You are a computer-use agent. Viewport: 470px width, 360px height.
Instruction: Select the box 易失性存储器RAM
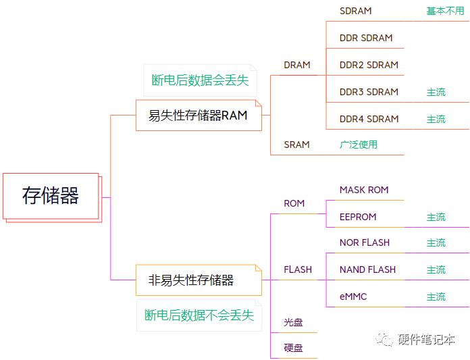(199, 115)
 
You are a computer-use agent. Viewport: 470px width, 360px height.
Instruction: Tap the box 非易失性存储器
(199, 280)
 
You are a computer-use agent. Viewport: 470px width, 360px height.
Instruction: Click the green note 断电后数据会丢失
(200, 80)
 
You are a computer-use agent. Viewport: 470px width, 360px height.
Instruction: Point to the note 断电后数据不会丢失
(199, 315)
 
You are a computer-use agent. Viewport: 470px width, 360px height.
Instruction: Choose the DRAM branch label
(296, 65)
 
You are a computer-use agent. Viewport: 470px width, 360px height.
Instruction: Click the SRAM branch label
(296, 145)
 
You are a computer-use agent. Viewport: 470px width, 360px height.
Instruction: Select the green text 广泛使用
(358, 145)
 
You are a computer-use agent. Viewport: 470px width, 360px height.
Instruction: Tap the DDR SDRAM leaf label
(366, 38)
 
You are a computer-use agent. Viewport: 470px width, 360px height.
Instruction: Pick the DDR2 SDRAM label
(369, 65)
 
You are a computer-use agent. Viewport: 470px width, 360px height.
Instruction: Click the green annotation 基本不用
(445, 11)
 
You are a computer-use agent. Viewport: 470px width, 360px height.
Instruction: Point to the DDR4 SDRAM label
(369, 119)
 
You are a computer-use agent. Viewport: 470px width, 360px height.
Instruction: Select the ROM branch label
(294, 203)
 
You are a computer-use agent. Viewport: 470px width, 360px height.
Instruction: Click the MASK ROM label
(364, 190)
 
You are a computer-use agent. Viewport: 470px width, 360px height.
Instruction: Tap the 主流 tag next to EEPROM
(436, 217)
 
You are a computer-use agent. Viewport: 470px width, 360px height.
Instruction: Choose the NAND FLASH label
(367, 269)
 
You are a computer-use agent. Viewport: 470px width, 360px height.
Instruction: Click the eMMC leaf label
(353, 297)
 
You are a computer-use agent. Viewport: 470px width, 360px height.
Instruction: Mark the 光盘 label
(293, 322)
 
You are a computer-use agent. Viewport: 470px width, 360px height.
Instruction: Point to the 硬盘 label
(293, 348)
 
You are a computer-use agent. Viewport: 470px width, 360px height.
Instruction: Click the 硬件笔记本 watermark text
(426, 339)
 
